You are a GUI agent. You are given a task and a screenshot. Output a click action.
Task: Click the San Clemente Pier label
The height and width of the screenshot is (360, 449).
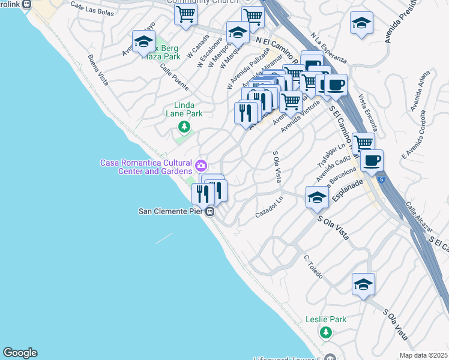click(172, 211)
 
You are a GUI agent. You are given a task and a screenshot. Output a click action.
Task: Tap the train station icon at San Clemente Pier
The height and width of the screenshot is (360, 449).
click(209, 212)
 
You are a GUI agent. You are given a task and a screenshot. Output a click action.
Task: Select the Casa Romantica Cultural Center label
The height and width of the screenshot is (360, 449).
click(146, 167)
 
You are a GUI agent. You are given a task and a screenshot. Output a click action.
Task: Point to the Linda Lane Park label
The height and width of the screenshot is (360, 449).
click(184, 109)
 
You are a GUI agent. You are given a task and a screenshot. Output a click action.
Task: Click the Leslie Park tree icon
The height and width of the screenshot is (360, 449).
click(326, 332)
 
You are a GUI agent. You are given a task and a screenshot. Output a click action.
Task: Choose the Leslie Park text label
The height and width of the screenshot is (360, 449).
click(326, 319)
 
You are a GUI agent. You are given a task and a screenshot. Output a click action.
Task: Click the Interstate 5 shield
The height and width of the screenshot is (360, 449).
click(381, 178)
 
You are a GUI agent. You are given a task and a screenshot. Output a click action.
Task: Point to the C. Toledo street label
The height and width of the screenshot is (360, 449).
click(313, 267)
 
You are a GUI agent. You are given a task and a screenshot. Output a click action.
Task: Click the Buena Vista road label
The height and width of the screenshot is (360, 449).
click(98, 70)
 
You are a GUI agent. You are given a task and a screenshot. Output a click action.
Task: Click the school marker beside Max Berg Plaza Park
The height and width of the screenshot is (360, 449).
click(143, 41)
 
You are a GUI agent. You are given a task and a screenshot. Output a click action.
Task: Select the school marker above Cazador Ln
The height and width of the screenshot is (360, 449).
click(317, 197)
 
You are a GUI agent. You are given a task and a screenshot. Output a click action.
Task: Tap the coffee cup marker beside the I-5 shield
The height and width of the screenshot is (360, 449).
click(372, 160)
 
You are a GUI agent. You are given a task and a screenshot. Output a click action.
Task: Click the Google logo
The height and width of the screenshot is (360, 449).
click(20, 353)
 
